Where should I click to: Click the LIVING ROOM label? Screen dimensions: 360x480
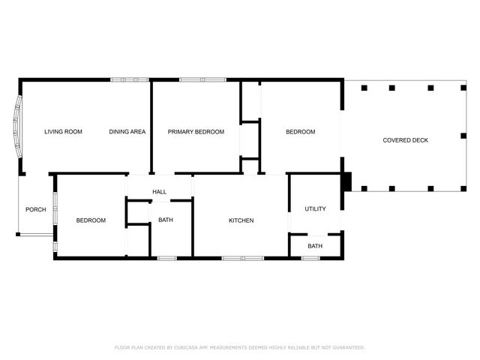(63, 132)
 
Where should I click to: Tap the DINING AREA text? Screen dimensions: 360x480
(127, 132)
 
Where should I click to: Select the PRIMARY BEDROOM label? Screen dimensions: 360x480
(196, 132)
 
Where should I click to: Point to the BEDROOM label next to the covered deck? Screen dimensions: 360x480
(300, 132)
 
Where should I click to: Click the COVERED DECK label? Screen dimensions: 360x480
(405, 140)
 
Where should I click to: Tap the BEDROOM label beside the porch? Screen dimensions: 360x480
(91, 220)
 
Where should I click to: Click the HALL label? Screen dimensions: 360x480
(160, 193)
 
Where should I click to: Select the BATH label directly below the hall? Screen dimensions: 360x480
(166, 220)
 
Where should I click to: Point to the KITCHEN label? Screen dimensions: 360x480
(241, 220)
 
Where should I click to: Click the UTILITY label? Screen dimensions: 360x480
(315, 209)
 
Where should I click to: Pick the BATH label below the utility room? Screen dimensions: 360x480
(315, 246)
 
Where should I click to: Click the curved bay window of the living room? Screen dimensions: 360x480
(16, 127)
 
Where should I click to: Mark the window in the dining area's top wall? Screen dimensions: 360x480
(130, 79)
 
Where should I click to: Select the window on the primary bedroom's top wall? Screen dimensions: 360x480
(198, 79)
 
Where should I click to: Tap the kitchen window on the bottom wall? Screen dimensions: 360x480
(242, 258)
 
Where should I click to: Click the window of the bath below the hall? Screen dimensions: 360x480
(166, 258)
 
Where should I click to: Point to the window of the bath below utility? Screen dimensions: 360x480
(310, 258)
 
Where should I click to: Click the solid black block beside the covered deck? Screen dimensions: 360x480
(346, 181)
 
